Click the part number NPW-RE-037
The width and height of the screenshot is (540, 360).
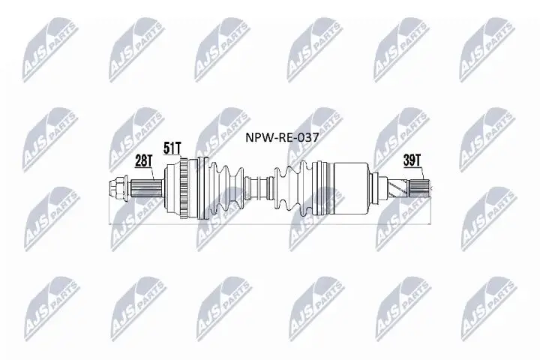point(277,138)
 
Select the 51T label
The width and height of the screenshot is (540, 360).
point(172,148)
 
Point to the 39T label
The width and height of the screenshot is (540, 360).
point(412,159)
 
